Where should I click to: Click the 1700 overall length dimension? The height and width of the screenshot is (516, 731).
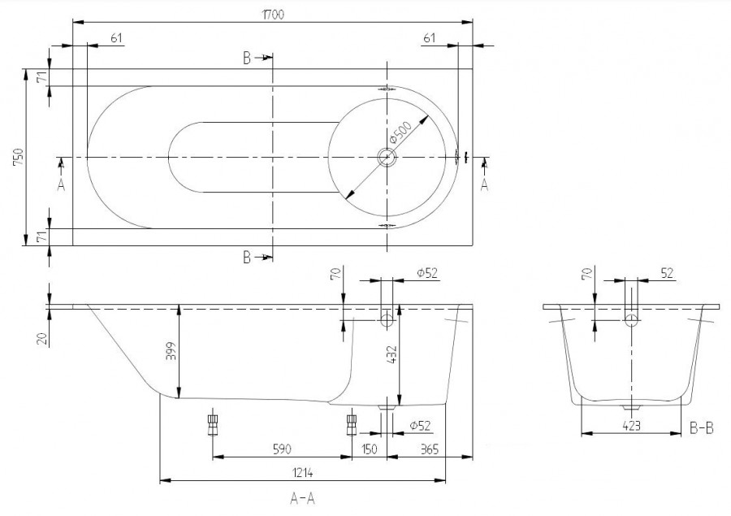pos(273,15)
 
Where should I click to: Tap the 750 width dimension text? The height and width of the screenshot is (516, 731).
pos(18,158)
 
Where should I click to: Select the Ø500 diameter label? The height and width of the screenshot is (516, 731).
pos(400,132)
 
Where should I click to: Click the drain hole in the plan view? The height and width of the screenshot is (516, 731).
pos(387,158)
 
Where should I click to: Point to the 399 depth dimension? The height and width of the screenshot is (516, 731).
pos(171,352)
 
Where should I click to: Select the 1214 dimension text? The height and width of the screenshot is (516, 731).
pos(303,473)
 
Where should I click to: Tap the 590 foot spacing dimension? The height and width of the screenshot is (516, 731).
pos(282,449)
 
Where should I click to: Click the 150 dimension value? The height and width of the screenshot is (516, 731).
pos(370,449)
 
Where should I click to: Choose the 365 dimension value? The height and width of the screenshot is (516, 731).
pos(430,449)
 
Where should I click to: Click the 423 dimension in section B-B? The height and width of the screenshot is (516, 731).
pos(631,426)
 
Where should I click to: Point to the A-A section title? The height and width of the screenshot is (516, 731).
pos(303,499)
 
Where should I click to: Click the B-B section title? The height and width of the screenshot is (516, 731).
pos(701,428)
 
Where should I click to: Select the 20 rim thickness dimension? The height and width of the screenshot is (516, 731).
pos(43,339)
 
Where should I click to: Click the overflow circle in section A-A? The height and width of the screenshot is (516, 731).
pos(387,320)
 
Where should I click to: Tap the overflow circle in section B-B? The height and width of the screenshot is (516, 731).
pos(631,320)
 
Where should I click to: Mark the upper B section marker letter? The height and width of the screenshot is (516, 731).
pos(247,59)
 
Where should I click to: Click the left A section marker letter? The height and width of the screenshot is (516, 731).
pos(61,185)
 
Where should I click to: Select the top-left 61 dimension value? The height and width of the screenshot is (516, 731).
pos(116,38)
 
